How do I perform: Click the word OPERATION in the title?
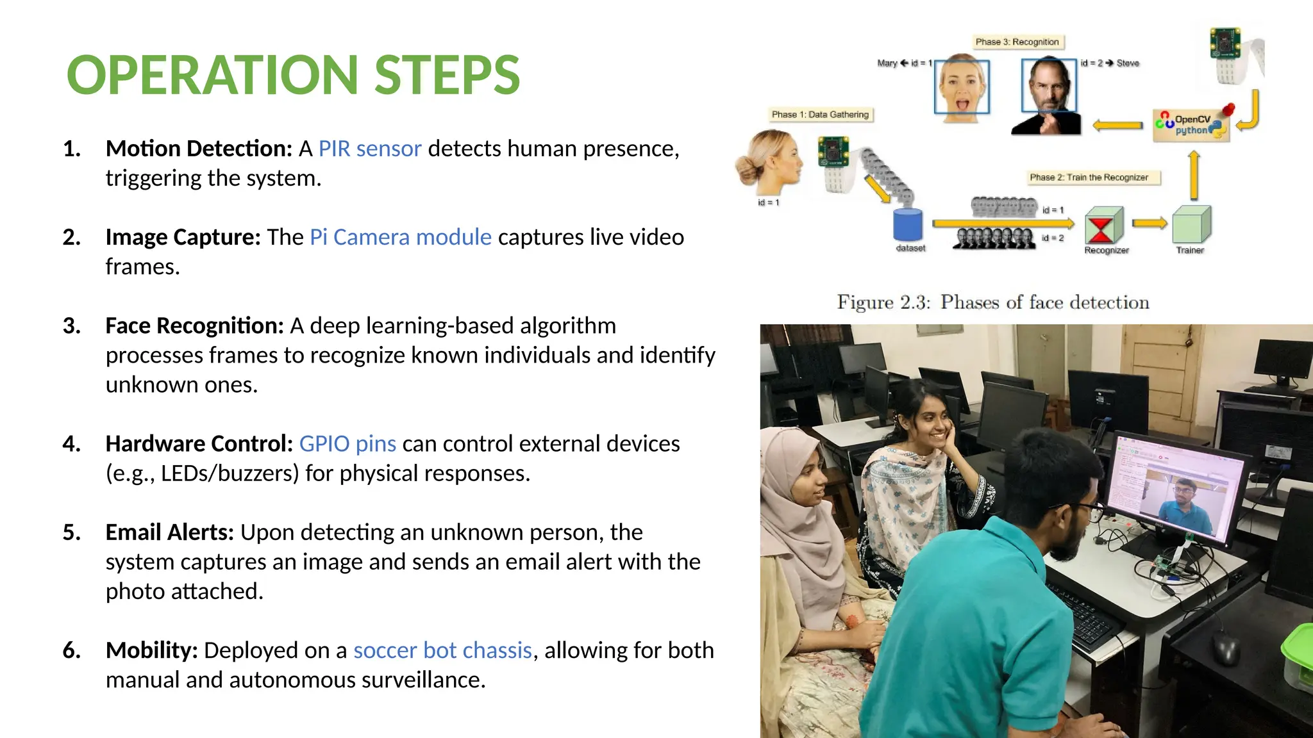pyautogui.click(x=212, y=76)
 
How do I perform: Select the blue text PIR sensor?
pyautogui.click(x=370, y=149)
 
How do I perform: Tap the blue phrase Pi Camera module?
pyautogui.click(x=401, y=237)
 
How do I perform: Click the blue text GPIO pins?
pyautogui.click(x=347, y=443)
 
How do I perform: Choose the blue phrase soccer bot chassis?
pyautogui.click(x=442, y=650)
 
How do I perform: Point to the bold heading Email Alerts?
pyautogui.click(x=170, y=532)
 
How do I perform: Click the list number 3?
pyautogui.click(x=72, y=326)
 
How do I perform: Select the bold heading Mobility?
pyautogui.click(x=152, y=650)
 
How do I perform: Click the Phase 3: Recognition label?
pyautogui.click(x=1017, y=42)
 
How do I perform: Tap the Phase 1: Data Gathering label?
pyautogui.click(x=820, y=115)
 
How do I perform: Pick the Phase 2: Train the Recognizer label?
pyautogui.click(x=1089, y=177)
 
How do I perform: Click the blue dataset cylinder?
pyautogui.click(x=908, y=225)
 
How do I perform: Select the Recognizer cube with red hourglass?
pyautogui.click(x=1103, y=225)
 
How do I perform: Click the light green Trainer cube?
pyautogui.click(x=1191, y=225)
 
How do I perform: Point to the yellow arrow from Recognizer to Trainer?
pyautogui.click(x=1149, y=223)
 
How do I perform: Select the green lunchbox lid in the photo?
pyautogui.click(x=1298, y=647)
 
